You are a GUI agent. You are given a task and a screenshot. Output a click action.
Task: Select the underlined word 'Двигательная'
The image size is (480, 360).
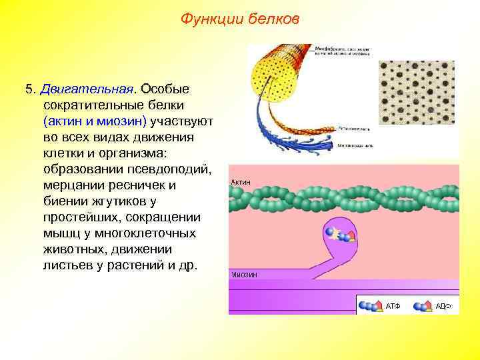point(87,89)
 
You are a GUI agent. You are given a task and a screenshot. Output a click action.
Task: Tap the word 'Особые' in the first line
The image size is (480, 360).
point(166,89)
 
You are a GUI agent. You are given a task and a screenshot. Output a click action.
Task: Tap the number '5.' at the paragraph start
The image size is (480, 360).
point(30,89)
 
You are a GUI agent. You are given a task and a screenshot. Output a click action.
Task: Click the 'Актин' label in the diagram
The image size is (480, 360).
point(241,181)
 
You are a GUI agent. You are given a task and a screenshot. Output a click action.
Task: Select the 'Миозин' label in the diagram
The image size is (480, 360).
point(244,274)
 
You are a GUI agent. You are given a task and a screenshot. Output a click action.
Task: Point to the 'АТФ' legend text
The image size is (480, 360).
point(393,306)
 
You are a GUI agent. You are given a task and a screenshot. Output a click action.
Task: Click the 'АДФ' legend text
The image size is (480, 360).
point(444,306)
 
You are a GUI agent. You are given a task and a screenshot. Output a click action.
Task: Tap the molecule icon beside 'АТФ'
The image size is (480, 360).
point(370,306)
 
